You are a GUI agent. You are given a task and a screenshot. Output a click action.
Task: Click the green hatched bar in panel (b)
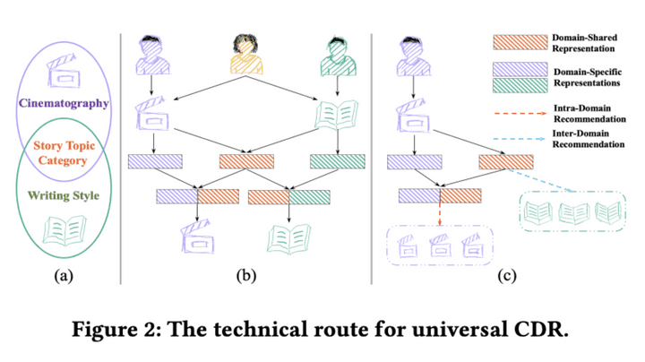click(338, 161)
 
